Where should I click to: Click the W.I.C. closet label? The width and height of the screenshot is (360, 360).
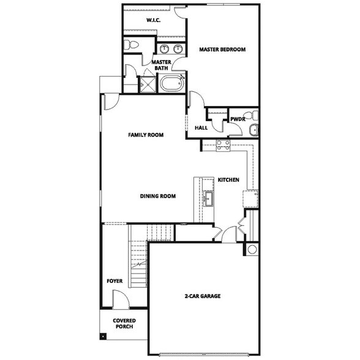pyautogui.click(x=153, y=21)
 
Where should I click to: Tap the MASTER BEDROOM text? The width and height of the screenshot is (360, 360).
pyautogui.click(x=221, y=50)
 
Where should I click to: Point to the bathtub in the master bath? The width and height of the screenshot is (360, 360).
pyautogui.click(x=172, y=83)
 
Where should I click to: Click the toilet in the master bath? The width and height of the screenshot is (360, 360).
pyautogui.click(x=130, y=45)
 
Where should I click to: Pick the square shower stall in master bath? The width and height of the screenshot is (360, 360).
pyautogui.click(x=148, y=84)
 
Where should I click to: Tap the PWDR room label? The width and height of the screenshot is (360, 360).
pyautogui.click(x=238, y=119)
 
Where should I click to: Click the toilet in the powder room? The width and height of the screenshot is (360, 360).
pyautogui.click(x=252, y=116)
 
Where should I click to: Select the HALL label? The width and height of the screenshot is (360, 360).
pyautogui.click(x=201, y=128)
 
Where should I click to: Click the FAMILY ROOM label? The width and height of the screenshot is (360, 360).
pyautogui.click(x=145, y=135)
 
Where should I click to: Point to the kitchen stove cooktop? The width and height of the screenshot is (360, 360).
pyautogui.click(x=223, y=145)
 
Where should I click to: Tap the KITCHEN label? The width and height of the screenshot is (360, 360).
pyautogui.click(x=228, y=180)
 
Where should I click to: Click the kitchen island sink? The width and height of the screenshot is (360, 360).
pyautogui.click(x=208, y=198)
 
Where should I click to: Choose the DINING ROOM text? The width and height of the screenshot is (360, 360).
pyautogui.click(x=158, y=197)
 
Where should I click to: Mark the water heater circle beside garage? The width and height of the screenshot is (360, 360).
pyautogui.click(x=252, y=249)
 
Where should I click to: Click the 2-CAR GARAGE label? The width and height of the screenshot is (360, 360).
pyautogui.click(x=202, y=296)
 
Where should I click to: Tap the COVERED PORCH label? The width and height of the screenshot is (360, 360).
pyautogui.click(x=124, y=323)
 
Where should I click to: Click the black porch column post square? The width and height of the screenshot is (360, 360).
pyautogui.click(x=103, y=336)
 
